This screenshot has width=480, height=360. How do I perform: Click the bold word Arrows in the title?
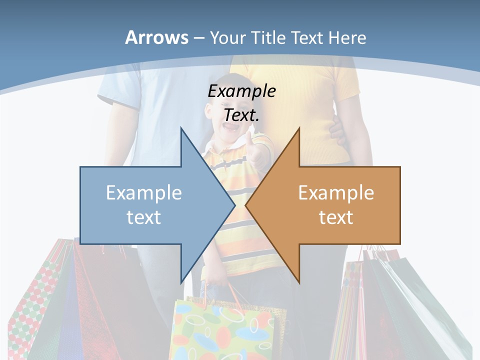coord(156,37)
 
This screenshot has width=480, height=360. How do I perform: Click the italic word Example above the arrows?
coord(242,91)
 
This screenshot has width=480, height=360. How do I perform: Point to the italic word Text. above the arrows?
coord(242,115)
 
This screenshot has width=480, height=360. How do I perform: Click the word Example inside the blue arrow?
coord(144,193)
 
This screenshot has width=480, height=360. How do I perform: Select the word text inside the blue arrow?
coord(144,217)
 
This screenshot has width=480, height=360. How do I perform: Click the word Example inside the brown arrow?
coord(336,193)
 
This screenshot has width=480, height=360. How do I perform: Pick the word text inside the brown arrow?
coord(336,217)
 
